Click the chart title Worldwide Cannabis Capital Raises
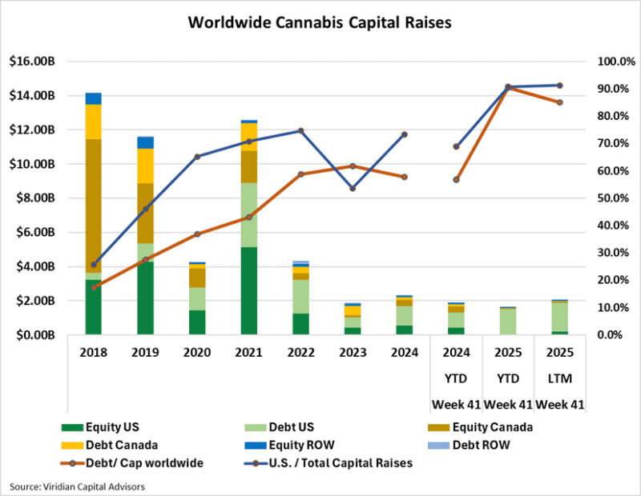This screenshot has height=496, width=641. coord(320,22)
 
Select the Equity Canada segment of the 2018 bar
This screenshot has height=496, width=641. coord(94,206)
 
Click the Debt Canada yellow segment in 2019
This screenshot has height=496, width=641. coord(145,166)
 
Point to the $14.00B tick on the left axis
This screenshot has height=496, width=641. coord(32,96)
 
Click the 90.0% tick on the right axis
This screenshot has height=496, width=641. coord(605,89)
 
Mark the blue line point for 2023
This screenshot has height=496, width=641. coord(353,189)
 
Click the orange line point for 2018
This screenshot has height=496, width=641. coord(94,286)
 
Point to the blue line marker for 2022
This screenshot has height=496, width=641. coord(300,130)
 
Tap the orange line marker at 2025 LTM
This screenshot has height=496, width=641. coord(559,102)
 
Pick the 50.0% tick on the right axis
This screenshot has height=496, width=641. coord(605,198)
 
